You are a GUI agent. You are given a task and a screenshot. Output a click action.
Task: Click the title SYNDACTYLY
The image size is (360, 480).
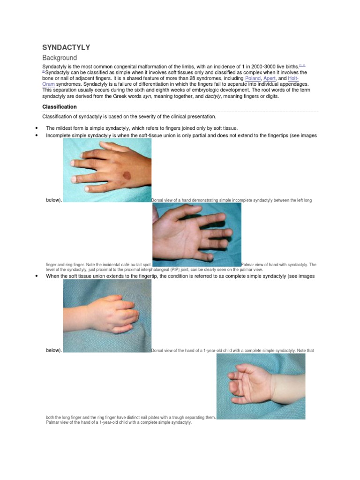click(x=66, y=47)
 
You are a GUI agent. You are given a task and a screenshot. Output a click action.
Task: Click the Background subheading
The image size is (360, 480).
click(x=60, y=58)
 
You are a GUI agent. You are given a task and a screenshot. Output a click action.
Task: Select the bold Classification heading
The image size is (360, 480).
click(x=60, y=107)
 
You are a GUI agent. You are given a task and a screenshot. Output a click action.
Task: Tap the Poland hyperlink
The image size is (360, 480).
click(x=253, y=78)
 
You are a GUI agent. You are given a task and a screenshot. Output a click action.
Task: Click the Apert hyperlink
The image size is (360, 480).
click(x=270, y=78)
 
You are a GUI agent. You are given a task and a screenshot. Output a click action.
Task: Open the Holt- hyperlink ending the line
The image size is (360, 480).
click(x=293, y=78)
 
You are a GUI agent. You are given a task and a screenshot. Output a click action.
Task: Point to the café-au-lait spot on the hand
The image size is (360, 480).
click(x=126, y=176)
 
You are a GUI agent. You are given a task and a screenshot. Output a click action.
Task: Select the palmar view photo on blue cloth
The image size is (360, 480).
click(x=197, y=234)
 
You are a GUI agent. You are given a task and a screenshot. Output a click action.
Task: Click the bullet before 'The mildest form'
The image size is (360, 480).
click(x=36, y=128)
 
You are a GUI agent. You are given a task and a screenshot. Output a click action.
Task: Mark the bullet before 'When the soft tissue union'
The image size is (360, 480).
click(x=36, y=276)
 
